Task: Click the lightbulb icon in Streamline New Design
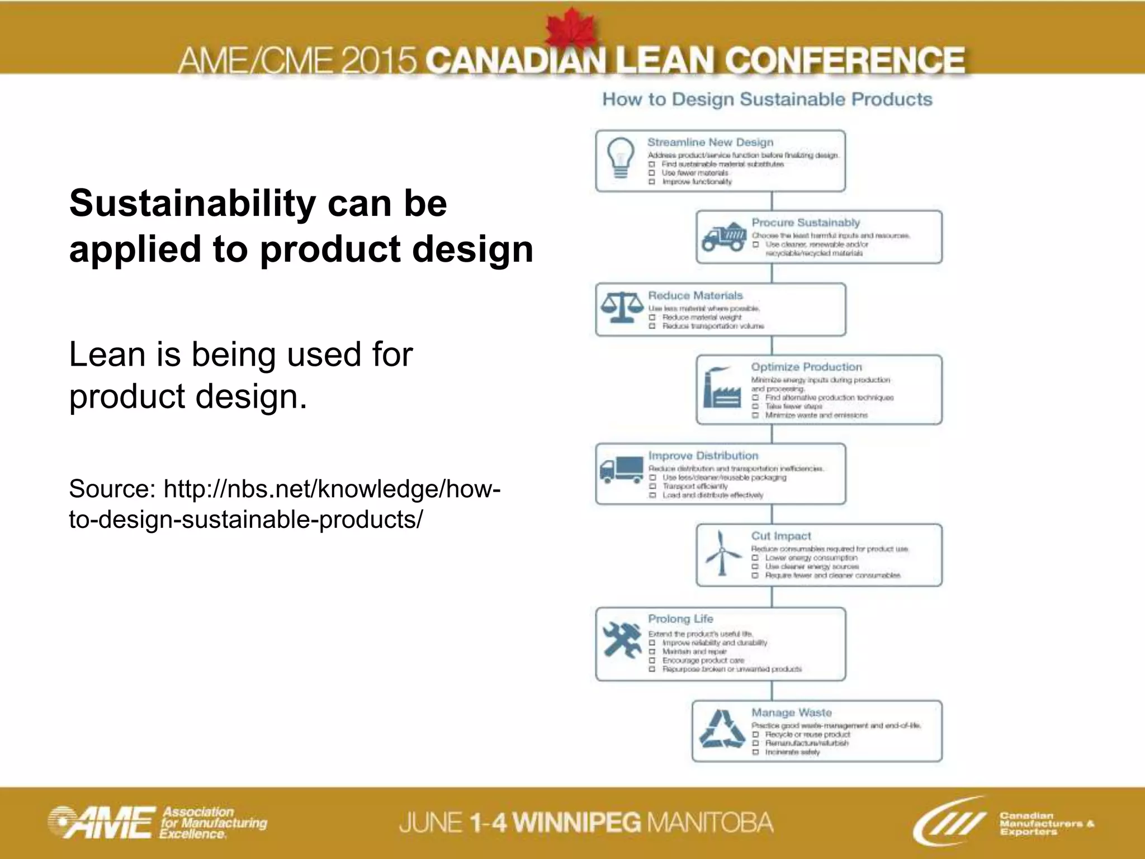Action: pyautogui.click(x=621, y=158)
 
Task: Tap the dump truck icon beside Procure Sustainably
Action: pyautogui.click(x=723, y=237)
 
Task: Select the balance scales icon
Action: pyautogui.click(x=621, y=308)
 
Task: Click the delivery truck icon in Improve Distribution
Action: pyautogui.click(x=621, y=470)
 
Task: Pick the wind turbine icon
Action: pyautogui.click(x=722, y=553)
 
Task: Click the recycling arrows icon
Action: pyautogui.click(x=722, y=729)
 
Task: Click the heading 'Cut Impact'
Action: pyautogui.click(x=780, y=536)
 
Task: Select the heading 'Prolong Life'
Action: pyautogui.click(x=680, y=619)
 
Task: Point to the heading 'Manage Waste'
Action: pyautogui.click(x=791, y=712)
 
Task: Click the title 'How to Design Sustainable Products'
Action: pyautogui.click(x=767, y=100)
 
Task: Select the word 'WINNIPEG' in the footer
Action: pyautogui.click(x=576, y=823)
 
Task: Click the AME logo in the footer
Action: pyautogui.click(x=101, y=823)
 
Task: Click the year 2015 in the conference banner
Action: pyautogui.click(x=378, y=61)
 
